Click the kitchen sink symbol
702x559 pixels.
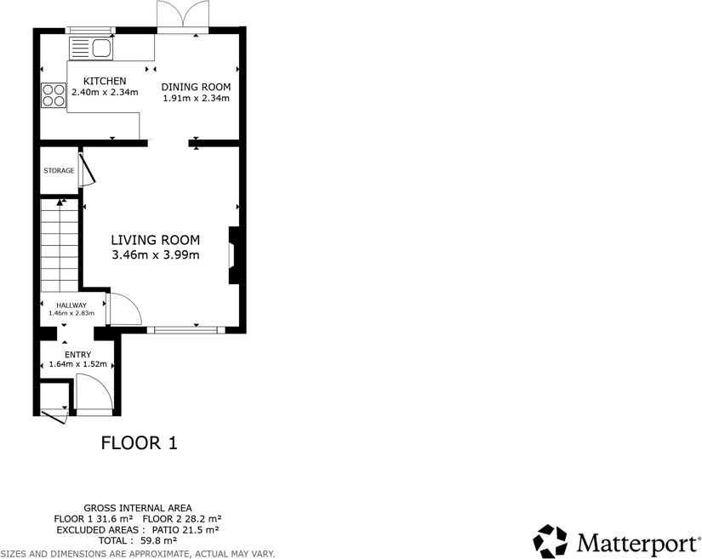pos(91,48)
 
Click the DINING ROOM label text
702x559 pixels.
pos(197,87)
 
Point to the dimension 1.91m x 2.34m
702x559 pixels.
pos(197,98)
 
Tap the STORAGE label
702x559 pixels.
pos(59,171)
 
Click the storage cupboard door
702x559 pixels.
pos(87,168)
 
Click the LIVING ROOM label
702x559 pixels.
pos(156,240)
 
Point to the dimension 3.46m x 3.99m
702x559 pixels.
pos(156,254)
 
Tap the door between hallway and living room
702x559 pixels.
pos(124,309)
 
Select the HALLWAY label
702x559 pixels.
pos(71,305)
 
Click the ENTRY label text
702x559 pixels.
pos(77,355)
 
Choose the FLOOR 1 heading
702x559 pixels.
pos(139,442)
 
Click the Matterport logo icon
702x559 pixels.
pos(550,541)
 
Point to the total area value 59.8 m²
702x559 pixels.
pos(157,540)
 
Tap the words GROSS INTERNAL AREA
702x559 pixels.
pos(137,508)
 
